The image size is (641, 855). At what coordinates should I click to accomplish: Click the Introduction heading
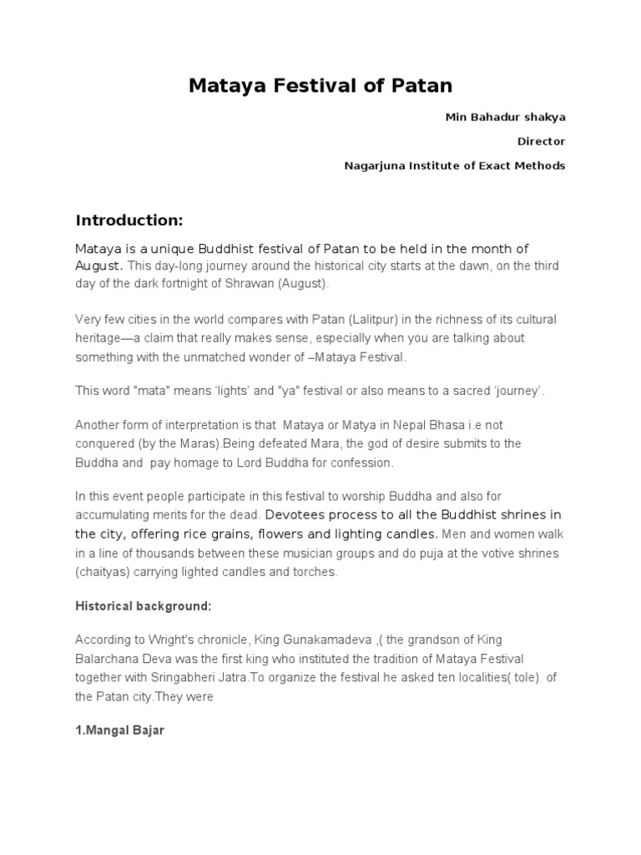129,220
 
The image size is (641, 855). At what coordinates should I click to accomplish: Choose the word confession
362,463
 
